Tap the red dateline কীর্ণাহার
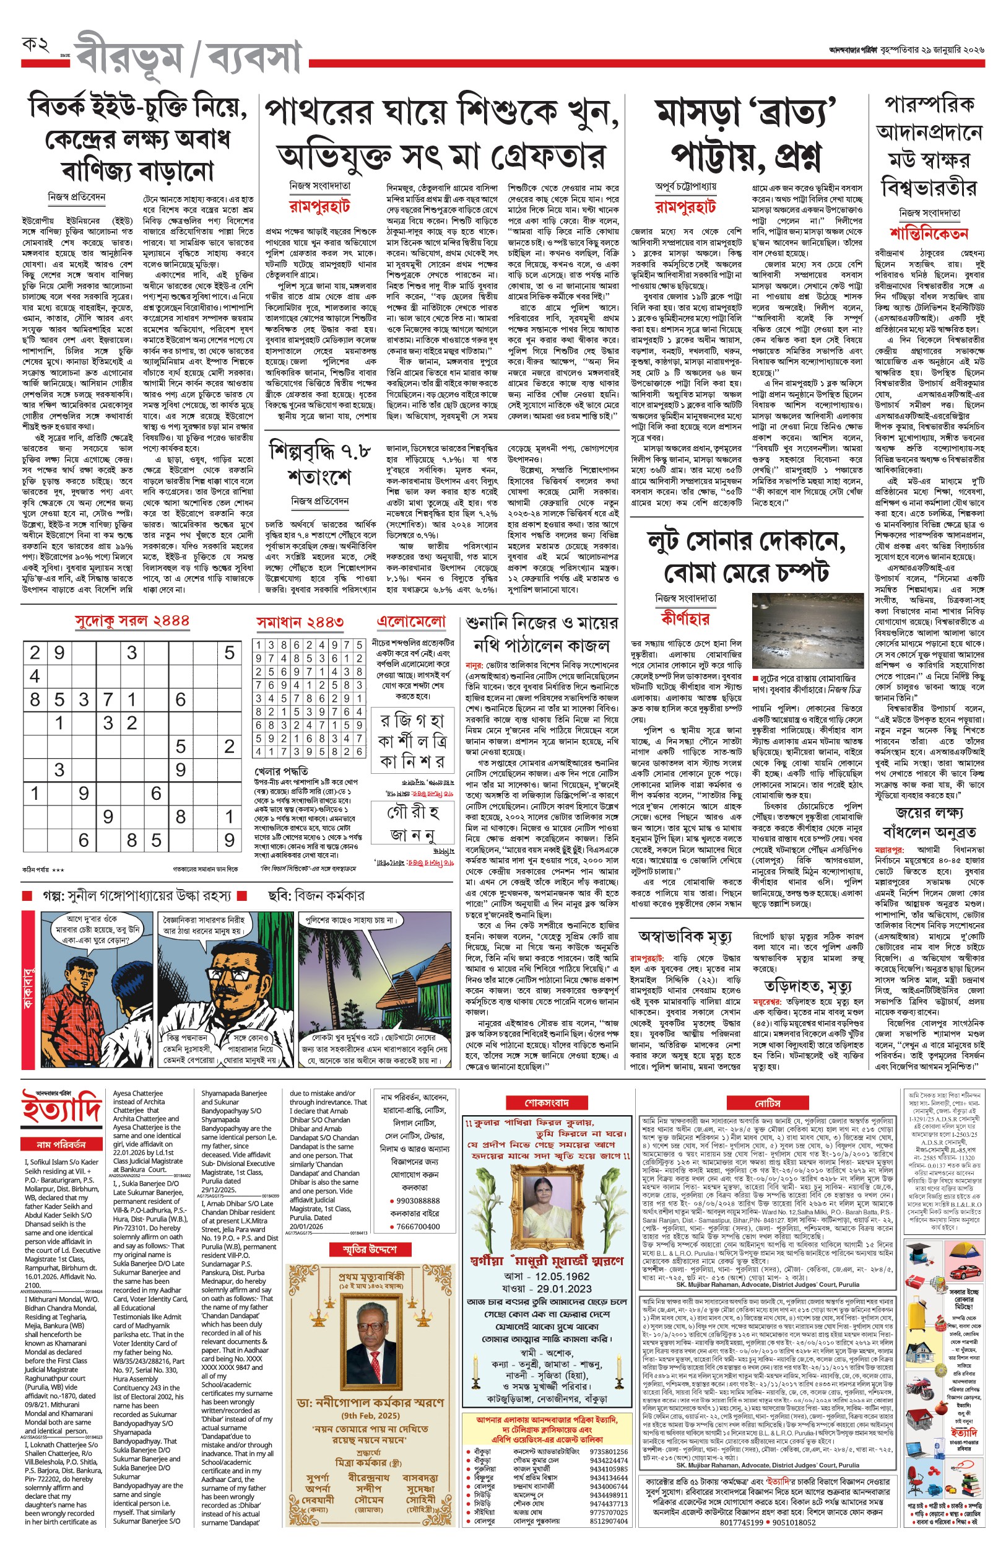pyautogui.click(x=685, y=617)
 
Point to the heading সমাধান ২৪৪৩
pyautogui.click(x=300, y=622)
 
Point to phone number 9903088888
pyautogui.click(x=418, y=1200)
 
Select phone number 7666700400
pyautogui.click(x=418, y=1226)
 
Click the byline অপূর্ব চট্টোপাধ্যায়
pyautogui.click(x=685, y=186)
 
